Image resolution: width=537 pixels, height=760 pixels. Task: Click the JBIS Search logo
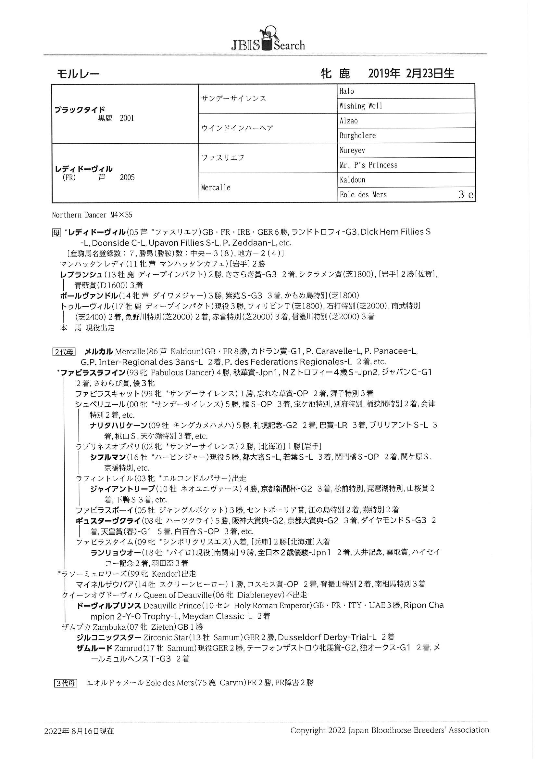(268, 40)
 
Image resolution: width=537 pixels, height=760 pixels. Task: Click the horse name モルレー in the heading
(78, 73)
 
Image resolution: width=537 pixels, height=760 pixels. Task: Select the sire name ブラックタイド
(80, 110)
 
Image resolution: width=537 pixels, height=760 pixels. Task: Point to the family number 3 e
(466, 195)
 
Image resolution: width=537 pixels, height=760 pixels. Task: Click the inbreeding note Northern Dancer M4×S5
(92, 215)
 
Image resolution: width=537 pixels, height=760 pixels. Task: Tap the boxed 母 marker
(56, 233)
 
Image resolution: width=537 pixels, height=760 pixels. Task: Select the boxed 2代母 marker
(64, 351)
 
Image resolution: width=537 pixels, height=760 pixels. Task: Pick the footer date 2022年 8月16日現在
(79, 730)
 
